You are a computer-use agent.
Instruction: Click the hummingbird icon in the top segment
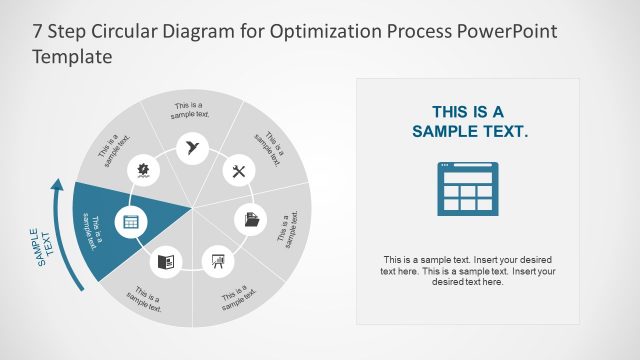tap(190, 148)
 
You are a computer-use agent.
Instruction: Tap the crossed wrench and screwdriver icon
tap(238, 171)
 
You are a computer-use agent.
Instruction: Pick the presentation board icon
tap(215, 262)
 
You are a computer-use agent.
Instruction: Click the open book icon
tap(166, 262)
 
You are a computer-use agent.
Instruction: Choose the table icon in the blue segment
tap(129, 222)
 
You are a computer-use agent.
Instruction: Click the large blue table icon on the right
tap(468, 187)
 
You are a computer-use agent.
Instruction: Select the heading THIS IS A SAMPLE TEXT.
tap(468, 121)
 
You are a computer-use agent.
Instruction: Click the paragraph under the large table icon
tap(468, 268)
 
